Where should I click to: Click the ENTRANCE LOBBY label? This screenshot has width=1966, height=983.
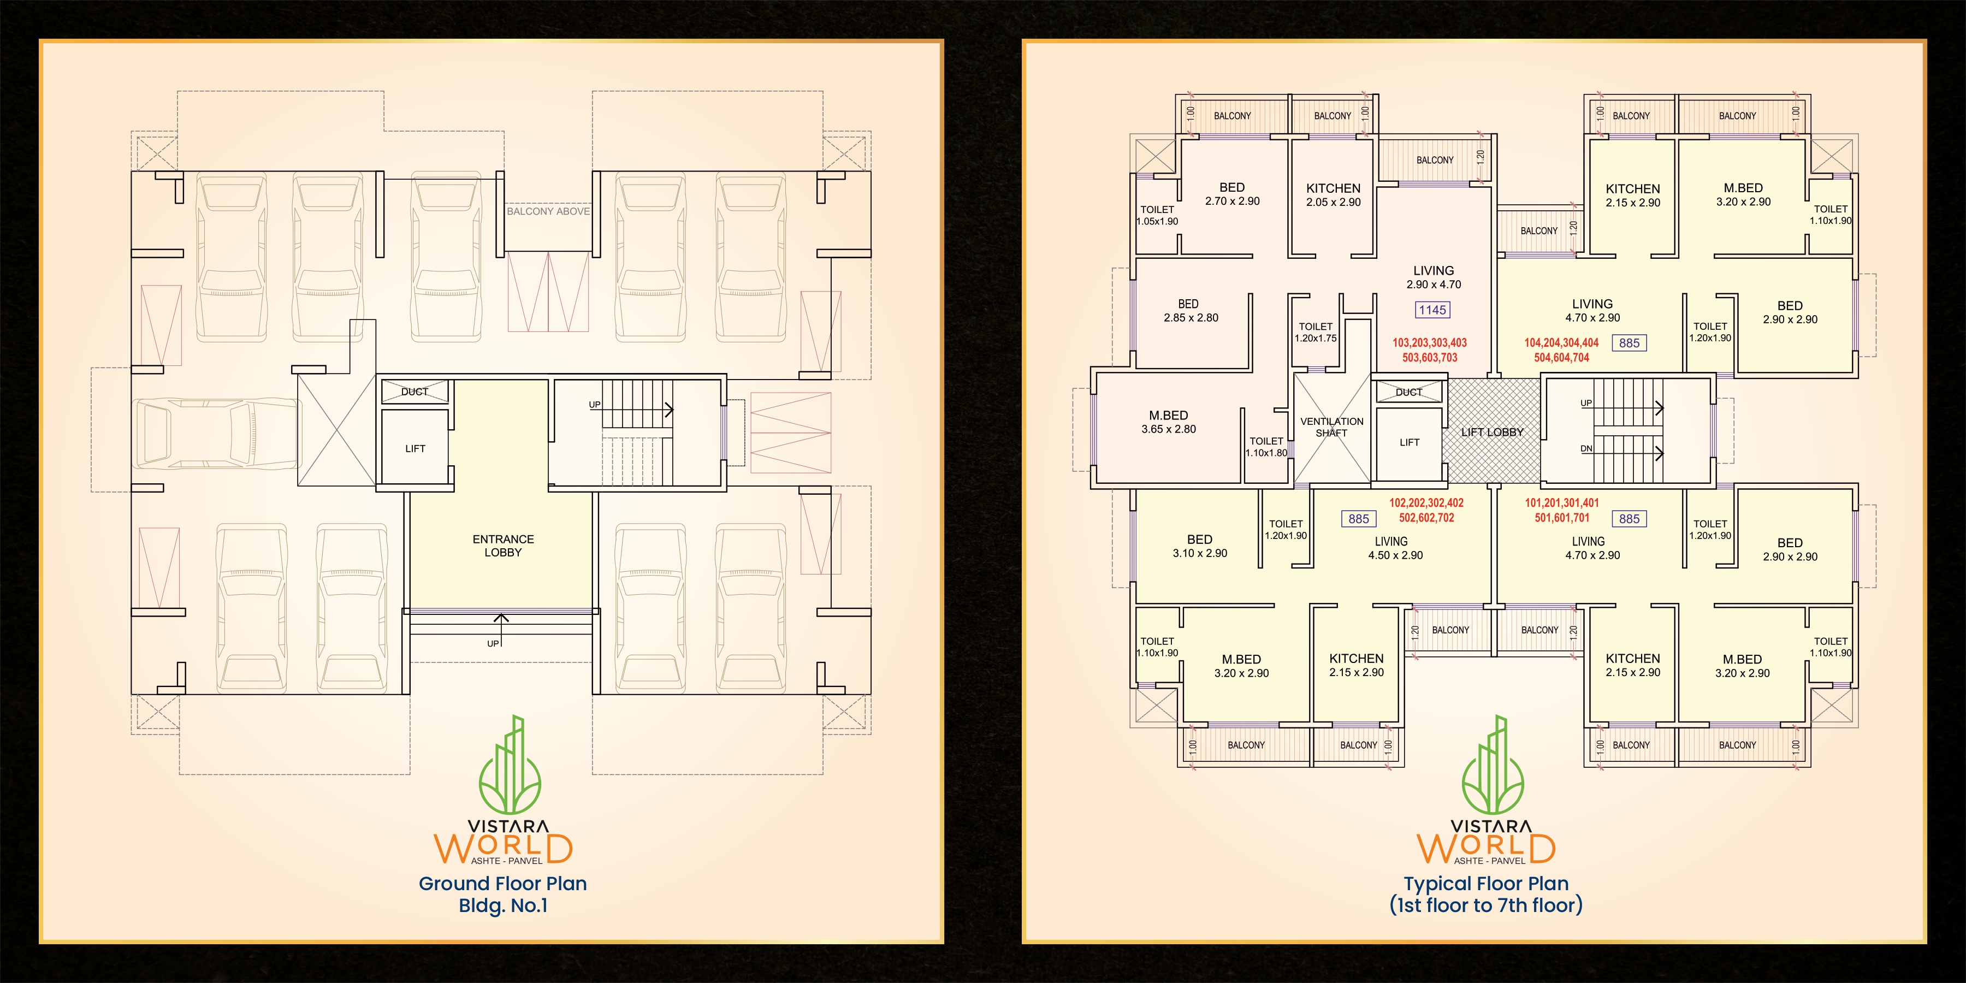click(x=503, y=546)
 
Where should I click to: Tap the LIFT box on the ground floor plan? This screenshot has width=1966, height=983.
click(x=414, y=447)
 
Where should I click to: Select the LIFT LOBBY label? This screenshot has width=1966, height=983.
click(x=1492, y=432)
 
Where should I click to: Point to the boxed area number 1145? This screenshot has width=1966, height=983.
click(x=1432, y=310)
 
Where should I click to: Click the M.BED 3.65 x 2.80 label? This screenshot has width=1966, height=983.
click(x=1169, y=422)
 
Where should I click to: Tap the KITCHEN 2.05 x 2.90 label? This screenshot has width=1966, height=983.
click(x=1333, y=194)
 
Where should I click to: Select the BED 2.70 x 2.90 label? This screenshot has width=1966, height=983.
click(x=1232, y=194)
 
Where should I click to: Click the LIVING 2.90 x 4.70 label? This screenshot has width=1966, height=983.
click(x=1434, y=277)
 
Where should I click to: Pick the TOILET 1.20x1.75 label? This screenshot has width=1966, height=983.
click(x=1316, y=332)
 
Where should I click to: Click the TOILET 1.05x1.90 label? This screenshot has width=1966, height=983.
click(x=1157, y=215)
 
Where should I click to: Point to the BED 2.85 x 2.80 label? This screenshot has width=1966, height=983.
click(x=1191, y=311)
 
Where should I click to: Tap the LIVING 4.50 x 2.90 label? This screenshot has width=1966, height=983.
click(x=1395, y=548)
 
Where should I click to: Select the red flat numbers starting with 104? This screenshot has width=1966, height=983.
click(x=1561, y=350)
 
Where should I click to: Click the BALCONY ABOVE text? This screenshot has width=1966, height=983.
click(x=548, y=211)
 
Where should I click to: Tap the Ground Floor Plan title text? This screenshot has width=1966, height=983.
click(x=503, y=884)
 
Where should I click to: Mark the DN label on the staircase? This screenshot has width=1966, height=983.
click(x=1586, y=449)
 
